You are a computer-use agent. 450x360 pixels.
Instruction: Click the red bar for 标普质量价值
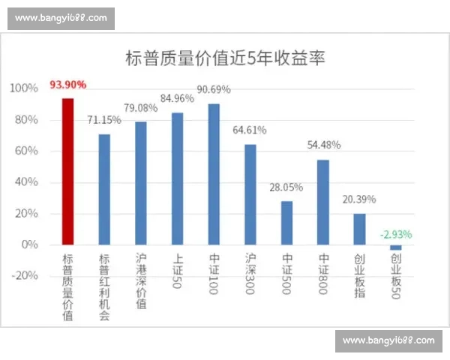click(x=68, y=172)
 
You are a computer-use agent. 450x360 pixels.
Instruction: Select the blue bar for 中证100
click(x=214, y=174)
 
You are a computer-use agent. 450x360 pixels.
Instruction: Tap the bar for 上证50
click(x=178, y=178)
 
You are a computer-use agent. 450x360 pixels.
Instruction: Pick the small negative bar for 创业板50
click(x=396, y=247)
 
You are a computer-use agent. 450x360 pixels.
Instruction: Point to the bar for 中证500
click(x=286, y=223)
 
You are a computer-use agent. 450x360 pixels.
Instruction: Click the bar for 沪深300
click(x=250, y=194)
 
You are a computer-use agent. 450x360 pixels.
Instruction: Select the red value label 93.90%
click(x=68, y=85)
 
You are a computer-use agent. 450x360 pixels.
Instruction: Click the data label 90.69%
click(x=214, y=90)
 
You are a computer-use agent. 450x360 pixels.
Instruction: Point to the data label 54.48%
click(x=323, y=145)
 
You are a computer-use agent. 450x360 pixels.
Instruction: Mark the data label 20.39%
click(x=360, y=199)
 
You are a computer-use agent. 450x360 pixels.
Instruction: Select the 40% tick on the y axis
click(x=26, y=182)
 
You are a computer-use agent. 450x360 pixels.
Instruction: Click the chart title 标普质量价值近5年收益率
click(x=225, y=58)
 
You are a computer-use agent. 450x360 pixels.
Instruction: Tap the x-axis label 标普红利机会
click(x=104, y=287)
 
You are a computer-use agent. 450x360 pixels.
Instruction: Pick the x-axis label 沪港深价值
click(x=141, y=282)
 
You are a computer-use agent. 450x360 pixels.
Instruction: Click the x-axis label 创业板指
click(x=360, y=277)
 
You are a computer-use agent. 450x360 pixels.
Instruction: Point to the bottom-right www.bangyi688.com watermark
click(x=388, y=340)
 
